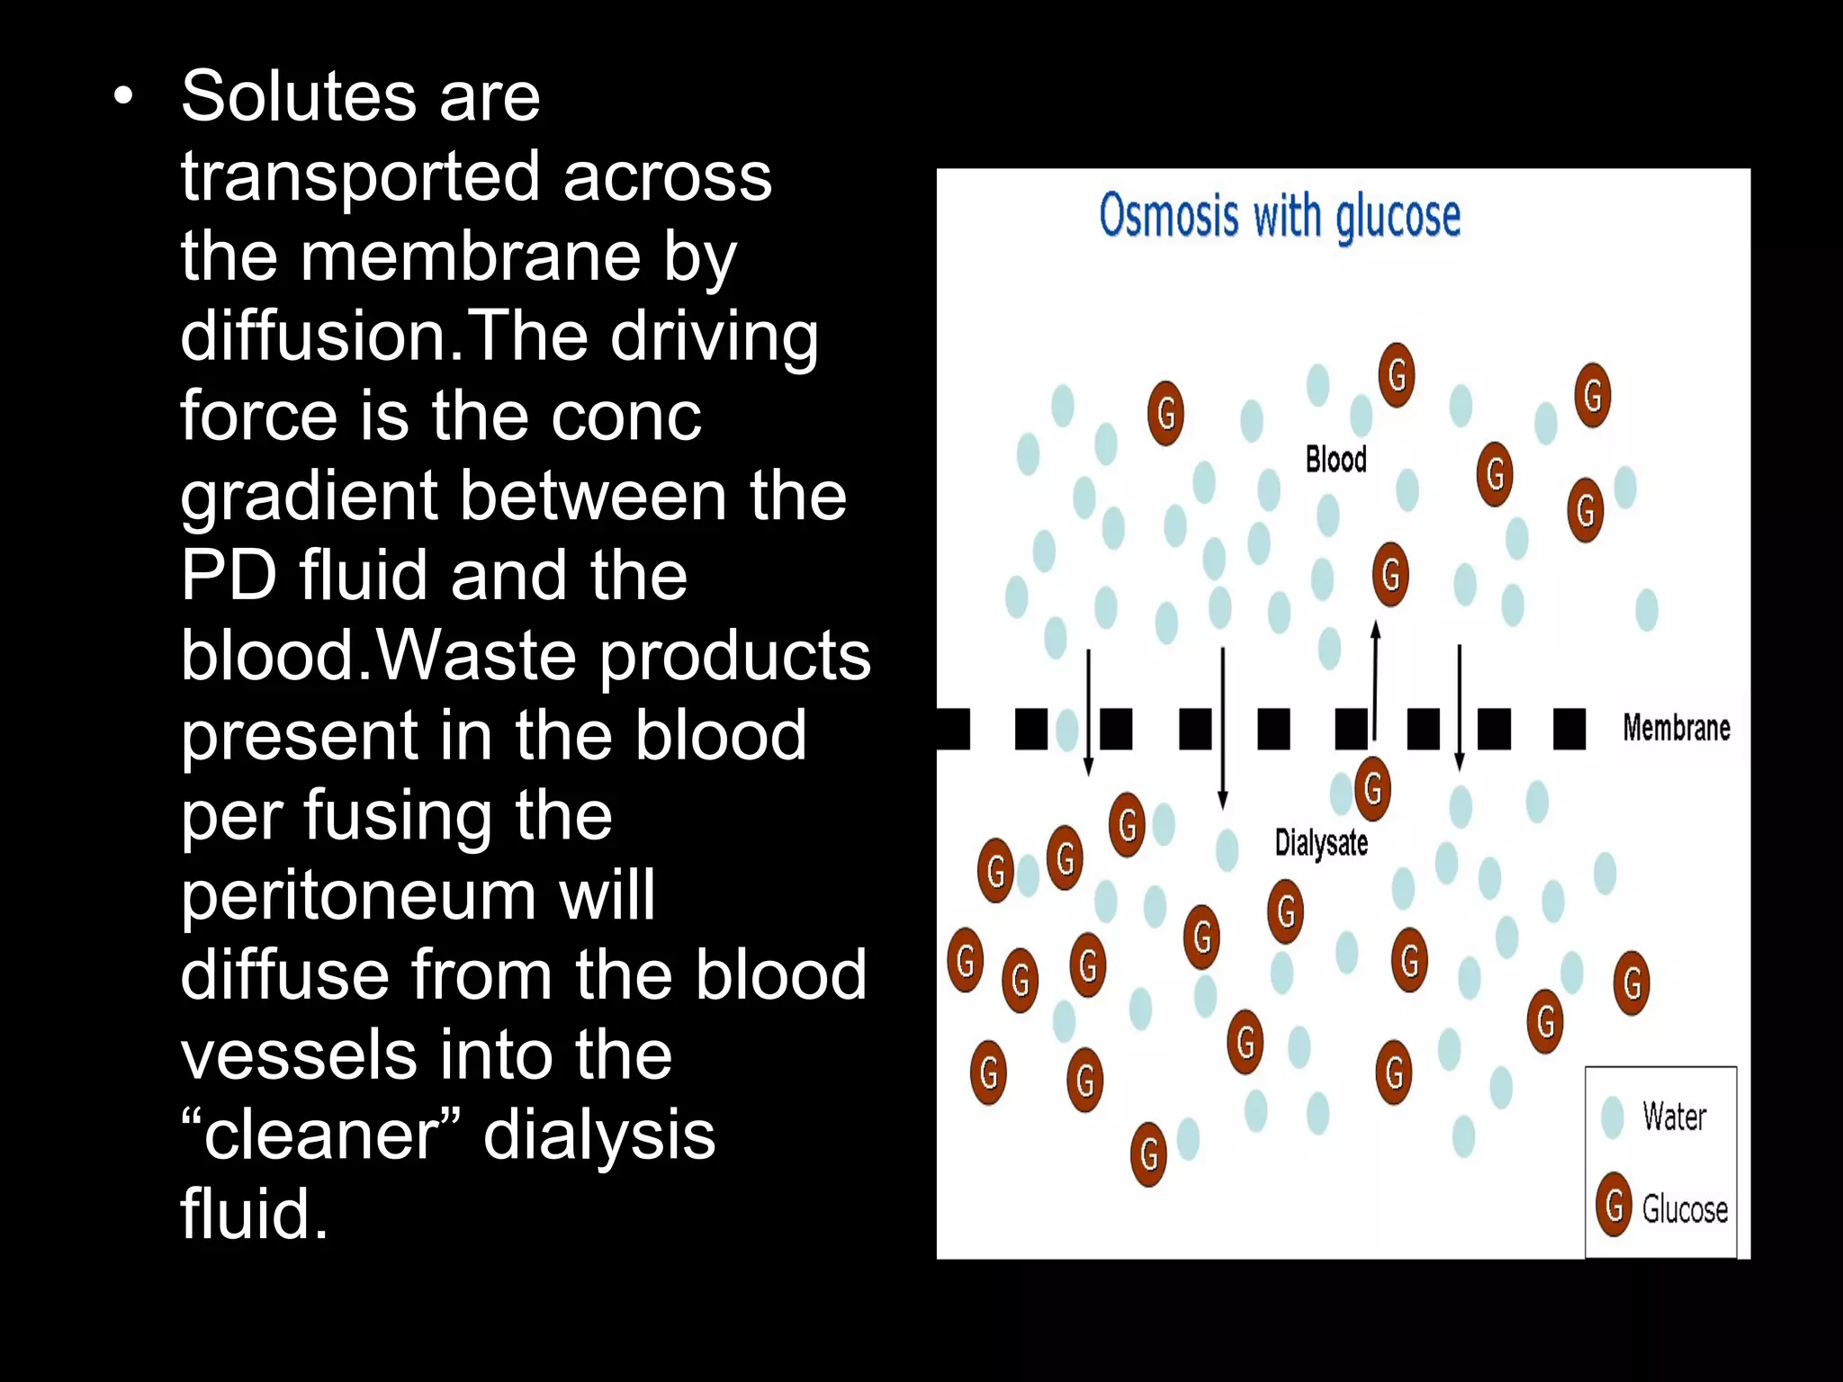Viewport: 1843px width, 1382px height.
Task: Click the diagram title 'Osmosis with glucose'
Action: click(x=1279, y=217)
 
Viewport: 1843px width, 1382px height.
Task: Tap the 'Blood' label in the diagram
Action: click(x=1335, y=460)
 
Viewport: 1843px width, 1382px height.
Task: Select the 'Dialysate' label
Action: click(x=1321, y=843)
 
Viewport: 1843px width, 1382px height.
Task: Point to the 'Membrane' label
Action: click(x=1676, y=728)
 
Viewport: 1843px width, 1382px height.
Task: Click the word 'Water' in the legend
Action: click(x=1674, y=1117)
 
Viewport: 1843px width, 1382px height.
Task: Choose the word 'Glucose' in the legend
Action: click(x=1685, y=1209)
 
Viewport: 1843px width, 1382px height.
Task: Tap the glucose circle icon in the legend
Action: click(x=1614, y=1205)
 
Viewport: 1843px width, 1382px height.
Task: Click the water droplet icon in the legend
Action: click(x=1613, y=1117)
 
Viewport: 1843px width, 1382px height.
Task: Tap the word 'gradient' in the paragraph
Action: click(x=317, y=498)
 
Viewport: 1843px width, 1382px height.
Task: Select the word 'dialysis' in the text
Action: click(x=599, y=1135)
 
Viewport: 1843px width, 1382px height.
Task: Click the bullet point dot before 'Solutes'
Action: click(x=123, y=96)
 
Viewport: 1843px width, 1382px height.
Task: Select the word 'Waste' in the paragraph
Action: click(x=475, y=656)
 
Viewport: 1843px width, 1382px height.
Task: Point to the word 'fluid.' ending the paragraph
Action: click(x=255, y=1215)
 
